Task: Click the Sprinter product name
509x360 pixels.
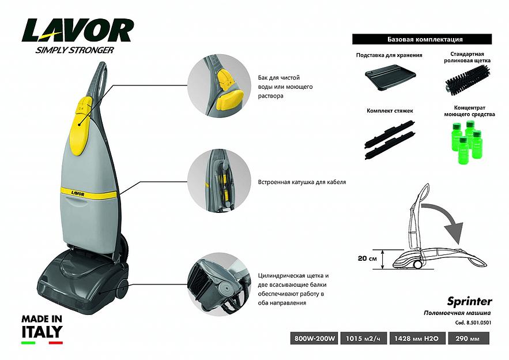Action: [469, 301]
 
